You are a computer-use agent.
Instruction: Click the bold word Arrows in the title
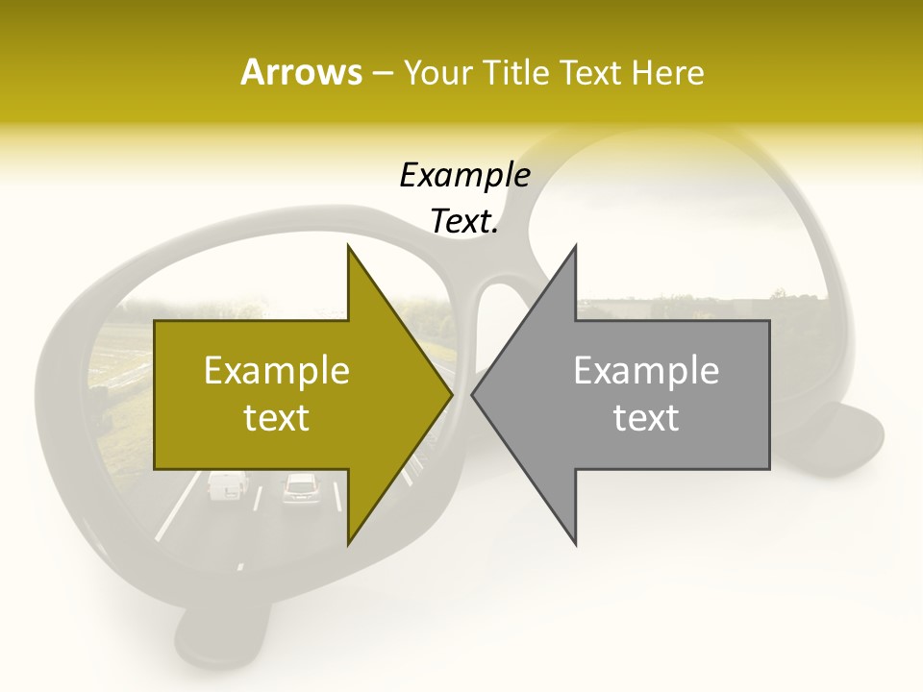point(301,73)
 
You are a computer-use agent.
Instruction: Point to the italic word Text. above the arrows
point(464,222)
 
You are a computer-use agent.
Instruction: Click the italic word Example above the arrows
point(464,176)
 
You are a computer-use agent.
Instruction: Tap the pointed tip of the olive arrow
point(452,394)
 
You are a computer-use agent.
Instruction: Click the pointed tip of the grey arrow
point(472,394)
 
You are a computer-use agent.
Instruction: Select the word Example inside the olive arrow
point(277,371)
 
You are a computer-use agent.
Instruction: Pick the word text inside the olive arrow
point(277,418)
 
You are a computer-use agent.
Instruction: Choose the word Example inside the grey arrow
point(646,371)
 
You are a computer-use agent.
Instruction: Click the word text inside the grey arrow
point(646,418)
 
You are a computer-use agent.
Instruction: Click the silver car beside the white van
point(300,489)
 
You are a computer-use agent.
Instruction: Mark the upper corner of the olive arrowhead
point(348,247)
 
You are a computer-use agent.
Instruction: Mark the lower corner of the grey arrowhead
point(575,543)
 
